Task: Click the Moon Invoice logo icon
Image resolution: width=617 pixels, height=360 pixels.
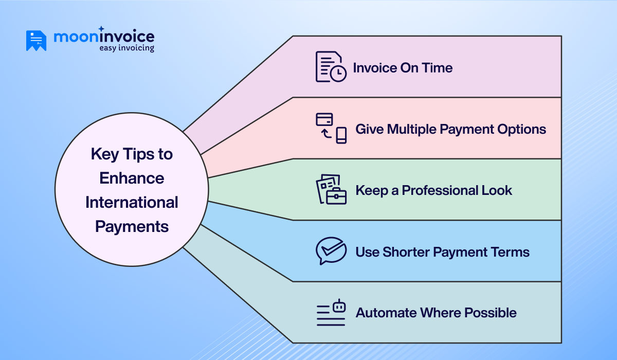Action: click(x=36, y=41)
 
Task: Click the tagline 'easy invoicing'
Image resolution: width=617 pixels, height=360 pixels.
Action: click(x=126, y=48)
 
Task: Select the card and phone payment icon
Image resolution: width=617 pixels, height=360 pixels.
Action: click(x=331, y=128)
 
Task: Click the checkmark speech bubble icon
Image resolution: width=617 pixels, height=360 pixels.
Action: click(x=331, y=251)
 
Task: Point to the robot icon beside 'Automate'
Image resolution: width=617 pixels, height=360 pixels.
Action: click(x=331, y=313)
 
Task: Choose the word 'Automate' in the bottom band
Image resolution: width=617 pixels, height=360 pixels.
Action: click(x=386, y=313)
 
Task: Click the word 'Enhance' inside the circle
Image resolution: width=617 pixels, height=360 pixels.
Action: click(x=132, y=178)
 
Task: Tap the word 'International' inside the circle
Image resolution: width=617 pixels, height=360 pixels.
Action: click(x=132, y=202)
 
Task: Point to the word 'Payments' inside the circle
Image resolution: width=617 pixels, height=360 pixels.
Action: click(x=132, y=226)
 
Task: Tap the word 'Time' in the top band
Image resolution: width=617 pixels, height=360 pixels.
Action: click(x=438, y=68)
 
